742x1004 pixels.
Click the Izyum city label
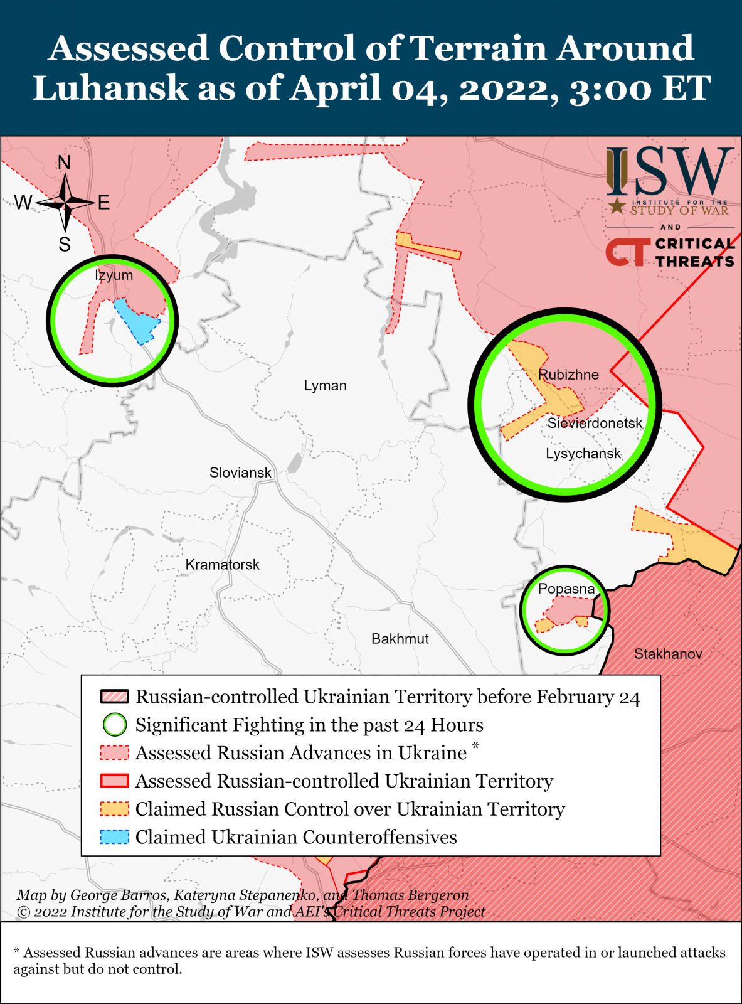tap(114, 275)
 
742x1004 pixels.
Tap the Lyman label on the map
tap(325, 385)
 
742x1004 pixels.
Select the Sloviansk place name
tap(240, 473)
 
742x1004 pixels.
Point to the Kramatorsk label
tap(222, 565)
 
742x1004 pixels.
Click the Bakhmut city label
tap(400, 639)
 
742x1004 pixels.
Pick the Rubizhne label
tap(568, 375)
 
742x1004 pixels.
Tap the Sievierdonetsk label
tap(595, 423)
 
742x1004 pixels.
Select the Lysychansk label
tap(583, 454)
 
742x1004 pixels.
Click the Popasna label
tap(566, 589)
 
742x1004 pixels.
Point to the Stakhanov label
tap(668, 654)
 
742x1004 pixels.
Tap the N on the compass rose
tap(65, 163)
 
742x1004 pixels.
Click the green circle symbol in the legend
tap(115, 725)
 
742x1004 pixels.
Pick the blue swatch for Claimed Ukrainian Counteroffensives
tap(114, 837)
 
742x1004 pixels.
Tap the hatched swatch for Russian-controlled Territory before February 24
tap(114, 697)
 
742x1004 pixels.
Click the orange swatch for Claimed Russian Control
tap(114, 809)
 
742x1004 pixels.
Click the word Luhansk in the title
tap(110, 87)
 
